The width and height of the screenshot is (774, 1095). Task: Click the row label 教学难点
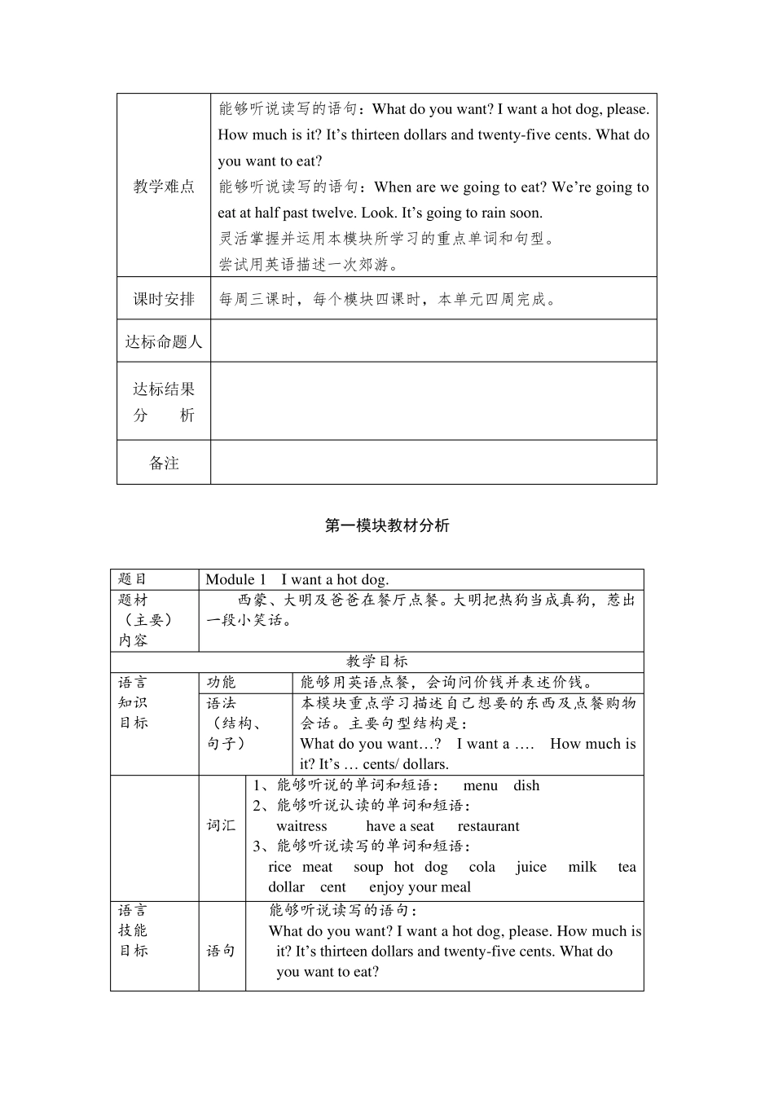164,187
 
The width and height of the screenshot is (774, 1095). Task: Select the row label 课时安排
164,299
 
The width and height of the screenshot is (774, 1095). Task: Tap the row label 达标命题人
164,341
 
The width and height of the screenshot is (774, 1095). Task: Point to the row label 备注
164,463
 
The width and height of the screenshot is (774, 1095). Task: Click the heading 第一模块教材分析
387,526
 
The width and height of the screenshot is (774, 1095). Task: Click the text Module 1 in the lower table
235,579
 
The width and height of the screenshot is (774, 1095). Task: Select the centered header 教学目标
376,662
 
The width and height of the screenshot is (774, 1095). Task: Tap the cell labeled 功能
221,683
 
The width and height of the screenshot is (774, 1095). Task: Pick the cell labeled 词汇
221,825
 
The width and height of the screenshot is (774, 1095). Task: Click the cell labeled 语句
221,951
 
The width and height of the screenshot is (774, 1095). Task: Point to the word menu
480,785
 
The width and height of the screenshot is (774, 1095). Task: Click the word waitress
301,826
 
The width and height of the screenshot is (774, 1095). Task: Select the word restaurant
488,826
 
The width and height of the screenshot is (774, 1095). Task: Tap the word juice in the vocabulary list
531,867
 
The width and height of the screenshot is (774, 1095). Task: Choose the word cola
482,867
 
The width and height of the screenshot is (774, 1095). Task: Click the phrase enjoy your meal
420,887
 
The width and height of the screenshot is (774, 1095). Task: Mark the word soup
368,867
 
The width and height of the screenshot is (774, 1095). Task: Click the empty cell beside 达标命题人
433,341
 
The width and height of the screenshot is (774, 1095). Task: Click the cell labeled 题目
133,579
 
